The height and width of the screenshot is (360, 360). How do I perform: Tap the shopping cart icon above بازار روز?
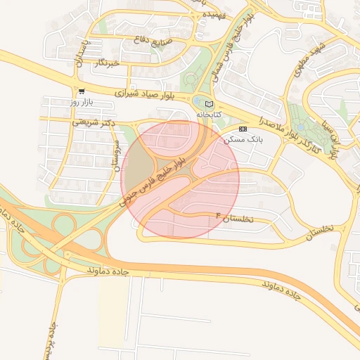tap(82, 91)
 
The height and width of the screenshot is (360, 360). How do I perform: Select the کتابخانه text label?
tap(208, 114)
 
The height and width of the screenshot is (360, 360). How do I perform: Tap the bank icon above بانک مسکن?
tap(243, 129)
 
